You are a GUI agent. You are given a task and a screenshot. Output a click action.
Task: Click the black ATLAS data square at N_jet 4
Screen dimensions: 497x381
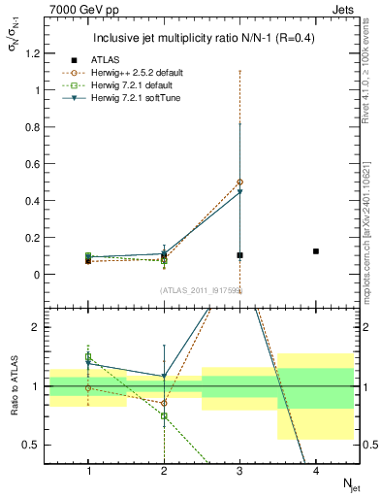(316, 251)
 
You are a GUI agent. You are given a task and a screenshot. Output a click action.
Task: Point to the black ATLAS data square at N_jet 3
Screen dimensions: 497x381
(239, 255)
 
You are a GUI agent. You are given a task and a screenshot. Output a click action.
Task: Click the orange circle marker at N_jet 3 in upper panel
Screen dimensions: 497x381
(239, 182)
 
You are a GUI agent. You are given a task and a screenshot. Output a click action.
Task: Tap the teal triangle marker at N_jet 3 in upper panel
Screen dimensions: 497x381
(239, 192)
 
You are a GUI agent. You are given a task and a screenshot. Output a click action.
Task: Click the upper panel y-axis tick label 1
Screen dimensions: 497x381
(39, 90)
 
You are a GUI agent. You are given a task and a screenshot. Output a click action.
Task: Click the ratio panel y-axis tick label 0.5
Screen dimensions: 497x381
(35, 445)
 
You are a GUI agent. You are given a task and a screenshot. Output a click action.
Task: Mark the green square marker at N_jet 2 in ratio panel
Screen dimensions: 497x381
(164, 415)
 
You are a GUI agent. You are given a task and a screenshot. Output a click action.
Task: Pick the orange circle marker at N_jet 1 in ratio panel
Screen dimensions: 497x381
(88, 387)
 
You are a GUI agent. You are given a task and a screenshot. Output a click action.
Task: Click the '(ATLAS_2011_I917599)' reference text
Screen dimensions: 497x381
(201, 290)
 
